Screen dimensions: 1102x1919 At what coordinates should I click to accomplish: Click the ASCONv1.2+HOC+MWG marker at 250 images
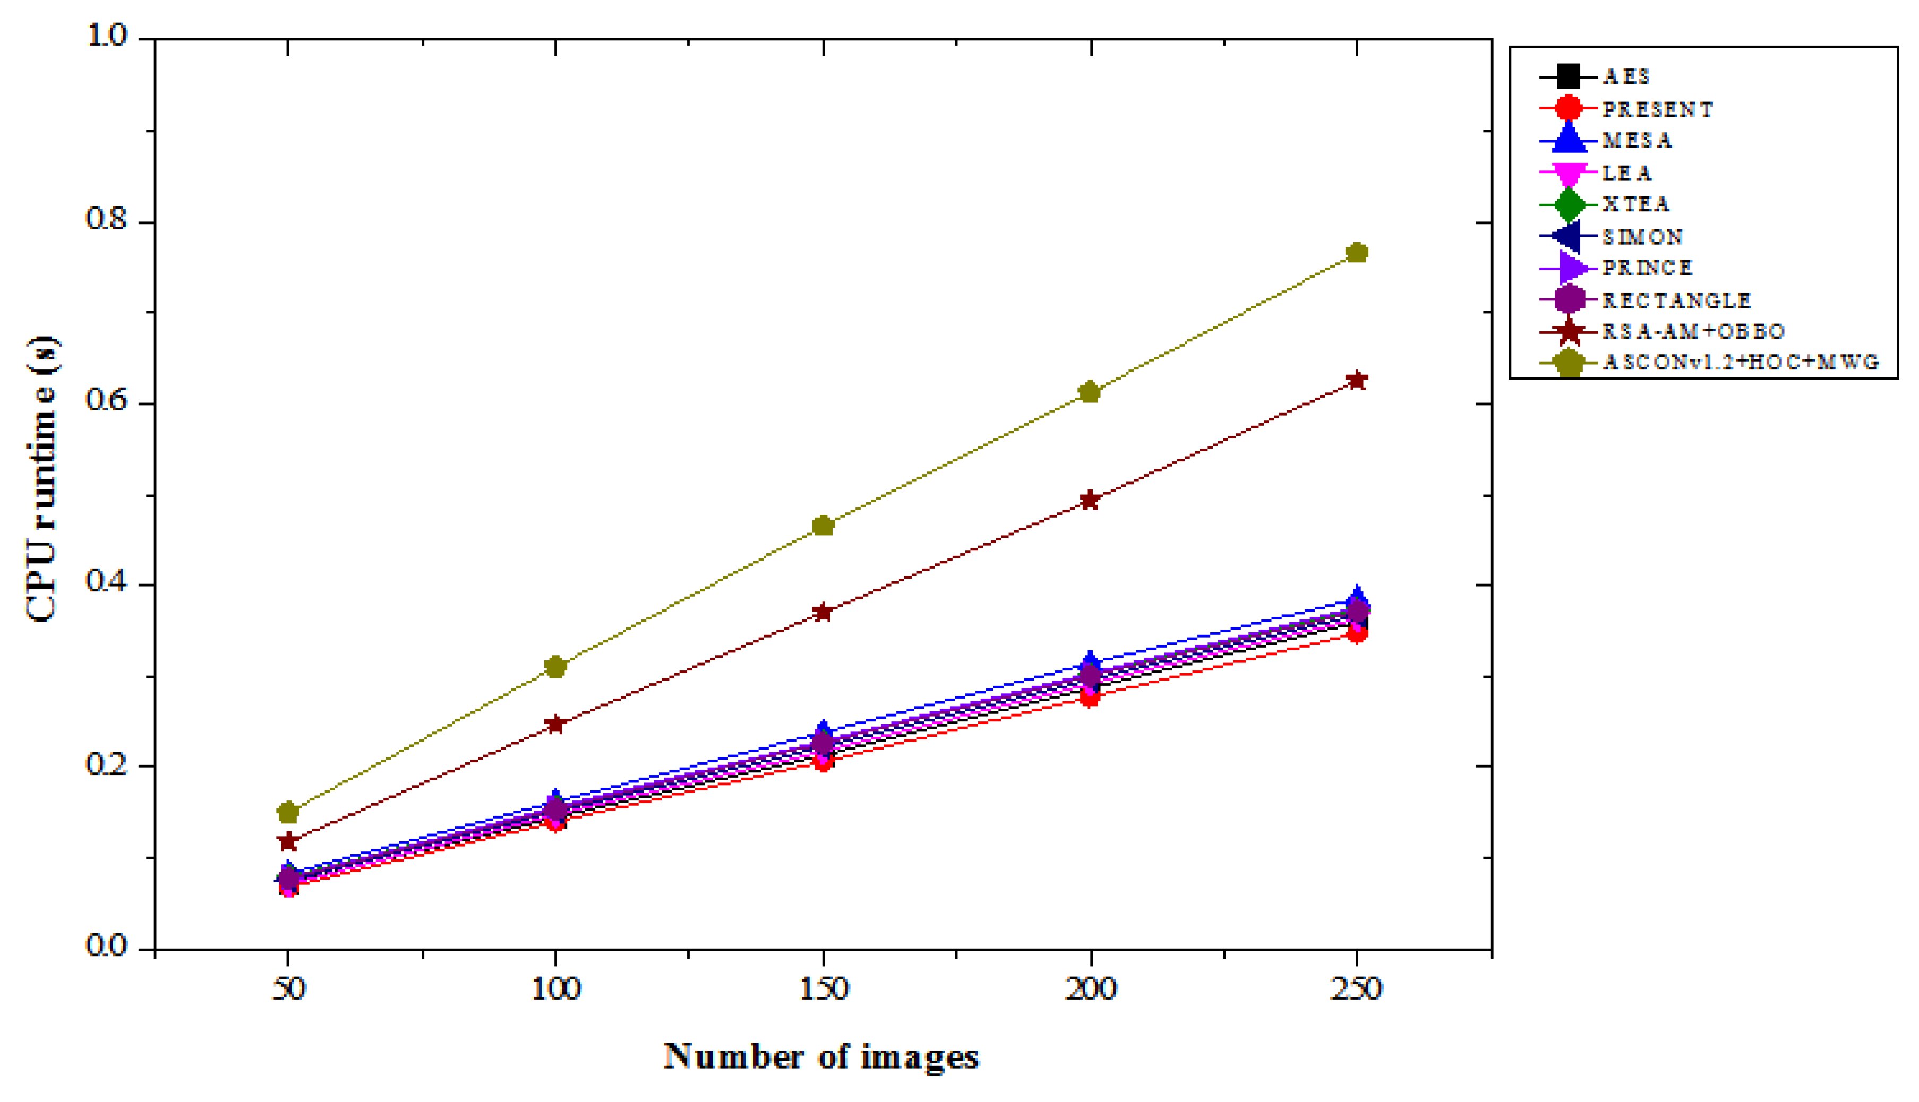pos(1357,253)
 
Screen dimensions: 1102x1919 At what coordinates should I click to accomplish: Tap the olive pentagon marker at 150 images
pos(823,526)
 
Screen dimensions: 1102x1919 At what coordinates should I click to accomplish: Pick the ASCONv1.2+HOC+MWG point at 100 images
pos(555,667)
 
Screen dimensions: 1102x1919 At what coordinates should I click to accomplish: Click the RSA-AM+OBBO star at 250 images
pos(1357,380)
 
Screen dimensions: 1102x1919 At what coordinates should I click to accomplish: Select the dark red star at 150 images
pos(823,612)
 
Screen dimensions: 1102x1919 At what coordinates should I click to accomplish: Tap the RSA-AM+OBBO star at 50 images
pos(288,841)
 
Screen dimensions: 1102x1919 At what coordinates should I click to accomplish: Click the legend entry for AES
pos(1626,76)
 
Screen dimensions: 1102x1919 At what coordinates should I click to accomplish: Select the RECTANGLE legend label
pos(1676,300)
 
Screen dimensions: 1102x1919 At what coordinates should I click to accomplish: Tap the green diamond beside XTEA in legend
pos(1569,204)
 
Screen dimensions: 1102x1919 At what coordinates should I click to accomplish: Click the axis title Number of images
pos(821,1056)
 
